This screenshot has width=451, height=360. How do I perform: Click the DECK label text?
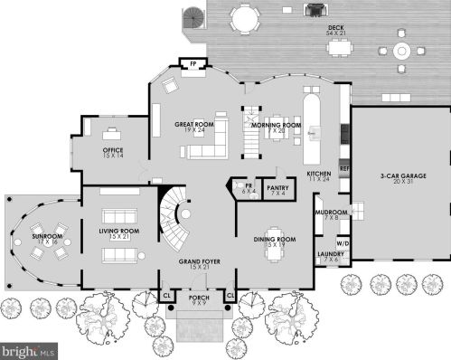pos(335,29)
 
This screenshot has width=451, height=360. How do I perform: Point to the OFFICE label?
pos(113,151)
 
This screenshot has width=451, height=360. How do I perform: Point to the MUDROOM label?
pos(326,213)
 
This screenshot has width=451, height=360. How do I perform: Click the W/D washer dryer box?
pos(343,243)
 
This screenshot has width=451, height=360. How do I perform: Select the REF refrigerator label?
pos(343,168)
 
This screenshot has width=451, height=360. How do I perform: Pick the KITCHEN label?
pos(318,175)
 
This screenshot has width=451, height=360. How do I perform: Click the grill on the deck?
pos(315,11)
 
